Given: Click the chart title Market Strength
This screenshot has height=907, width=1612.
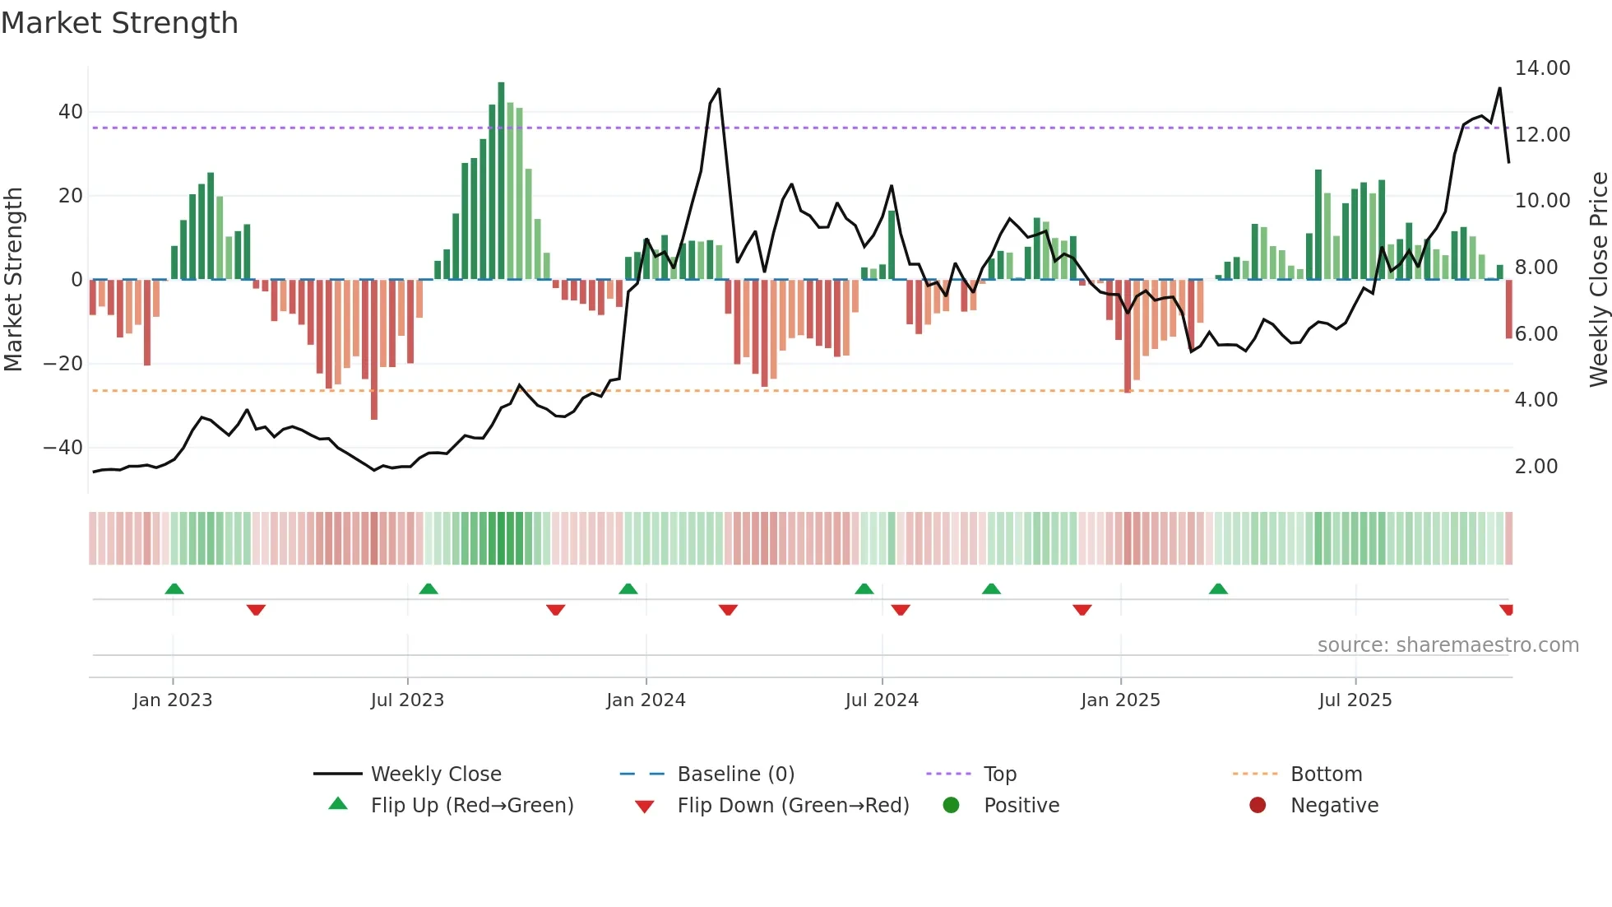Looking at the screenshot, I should click(x=119, y=23).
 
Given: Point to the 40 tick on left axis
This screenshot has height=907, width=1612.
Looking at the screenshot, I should click(x=70, y=111).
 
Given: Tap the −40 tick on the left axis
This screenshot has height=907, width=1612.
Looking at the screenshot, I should click(x=63, y=448).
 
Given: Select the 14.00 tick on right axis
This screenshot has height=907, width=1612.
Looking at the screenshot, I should click(x=1542, y=68).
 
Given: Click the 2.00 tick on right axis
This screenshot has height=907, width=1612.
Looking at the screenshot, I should click(x=1536, y=467).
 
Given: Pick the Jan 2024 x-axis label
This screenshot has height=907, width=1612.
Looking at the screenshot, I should click(x=646, y=700).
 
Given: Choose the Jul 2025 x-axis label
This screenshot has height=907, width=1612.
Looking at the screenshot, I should click(x=1355, y=700).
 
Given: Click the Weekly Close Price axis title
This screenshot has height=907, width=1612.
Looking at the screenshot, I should click(x=1598, y=279).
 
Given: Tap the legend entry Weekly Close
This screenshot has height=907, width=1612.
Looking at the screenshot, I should click(x=435, y=774).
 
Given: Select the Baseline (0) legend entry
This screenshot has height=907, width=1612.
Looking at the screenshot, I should click(x=735, y=774).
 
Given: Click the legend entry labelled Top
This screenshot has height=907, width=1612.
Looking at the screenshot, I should click(x=999, y=774).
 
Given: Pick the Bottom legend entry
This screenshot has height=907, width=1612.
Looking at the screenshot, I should click(x=1326, y=774).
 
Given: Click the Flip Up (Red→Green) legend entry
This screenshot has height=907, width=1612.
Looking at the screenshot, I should click(x=471, y=806).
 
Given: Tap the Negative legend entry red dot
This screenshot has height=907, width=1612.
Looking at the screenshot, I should click(x=1258, y=806).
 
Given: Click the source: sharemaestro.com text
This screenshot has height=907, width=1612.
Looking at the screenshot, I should click(x=1448, y=645).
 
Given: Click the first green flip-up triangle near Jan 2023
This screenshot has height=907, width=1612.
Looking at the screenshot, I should click(x=174, y=588).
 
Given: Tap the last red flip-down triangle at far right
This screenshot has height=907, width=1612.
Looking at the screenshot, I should click(x=1506, y=610).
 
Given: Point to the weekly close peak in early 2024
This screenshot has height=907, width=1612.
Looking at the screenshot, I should click(x=719, y=89).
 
